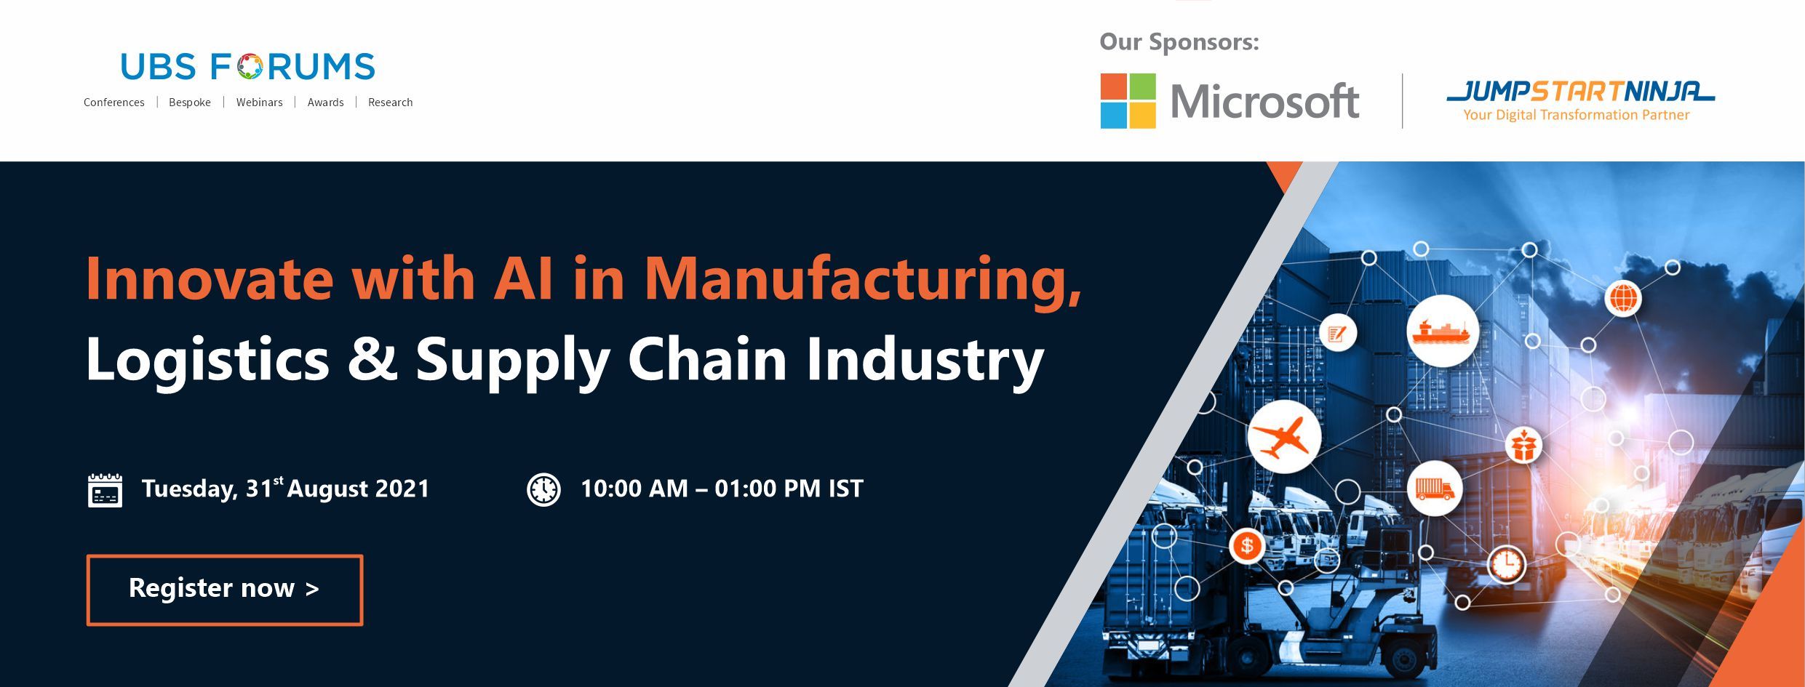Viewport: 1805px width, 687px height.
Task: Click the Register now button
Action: pyautogui.click(x=225, y=590)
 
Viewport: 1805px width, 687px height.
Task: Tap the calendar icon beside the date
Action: pyautogui.click(x=105, y=490)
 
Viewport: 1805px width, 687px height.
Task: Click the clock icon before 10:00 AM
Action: pyautogui.click(x=543, y=489)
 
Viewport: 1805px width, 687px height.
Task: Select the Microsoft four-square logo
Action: pyautogui.click(x=1128, y=101)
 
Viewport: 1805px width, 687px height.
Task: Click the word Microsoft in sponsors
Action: pyautogui.click(x=1264, y=101)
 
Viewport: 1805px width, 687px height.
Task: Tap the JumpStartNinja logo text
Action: pyautogui.click(x=1580, y=92)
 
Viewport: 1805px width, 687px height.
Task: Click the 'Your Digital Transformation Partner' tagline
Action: pyautogui.click(x=1577, y=115)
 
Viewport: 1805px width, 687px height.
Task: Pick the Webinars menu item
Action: pyautogui.click(x=259, y=103)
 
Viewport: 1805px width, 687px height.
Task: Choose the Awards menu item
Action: pyautogui.click(x=325, y=103)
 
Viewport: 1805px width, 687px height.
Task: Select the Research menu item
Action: pyautogui.click(x=390, y=103)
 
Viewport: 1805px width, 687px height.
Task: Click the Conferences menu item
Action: pyautogui.click(x=114, y=103)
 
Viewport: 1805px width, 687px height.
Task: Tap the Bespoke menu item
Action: pyautogui.click(x=190, y=103)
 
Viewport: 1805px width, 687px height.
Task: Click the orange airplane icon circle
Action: pyautogui.click(x=1283, y=437)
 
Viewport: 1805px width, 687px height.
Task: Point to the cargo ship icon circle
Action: pyautogui.click(x=1442, y=331)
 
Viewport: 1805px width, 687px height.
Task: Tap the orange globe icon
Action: pyautogui.click(x=1623, y=298)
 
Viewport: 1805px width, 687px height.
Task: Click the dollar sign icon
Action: pyautogui.click(x=1247, y=545)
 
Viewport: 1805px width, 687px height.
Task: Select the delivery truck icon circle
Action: pyautogui.click(x=1434, y=489)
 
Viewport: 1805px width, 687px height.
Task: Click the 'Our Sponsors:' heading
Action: pyautogui.click(x=1179, y=42)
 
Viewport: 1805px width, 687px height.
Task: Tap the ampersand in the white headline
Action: pyautogui.click(x=372, y=358)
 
